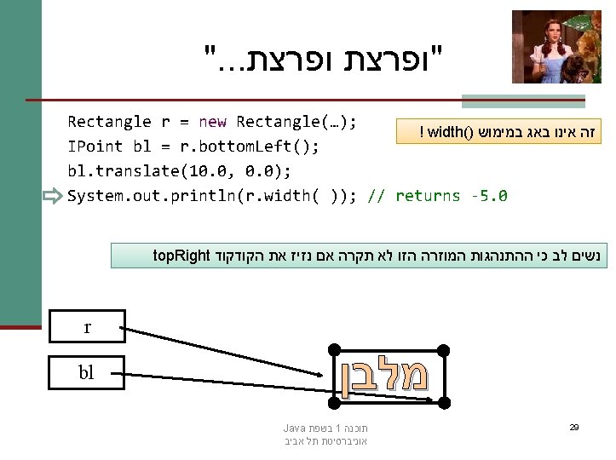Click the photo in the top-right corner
556,47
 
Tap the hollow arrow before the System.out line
52,197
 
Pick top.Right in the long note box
181,255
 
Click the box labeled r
87,326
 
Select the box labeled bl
87,372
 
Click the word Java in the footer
294,428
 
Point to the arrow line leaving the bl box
230,374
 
